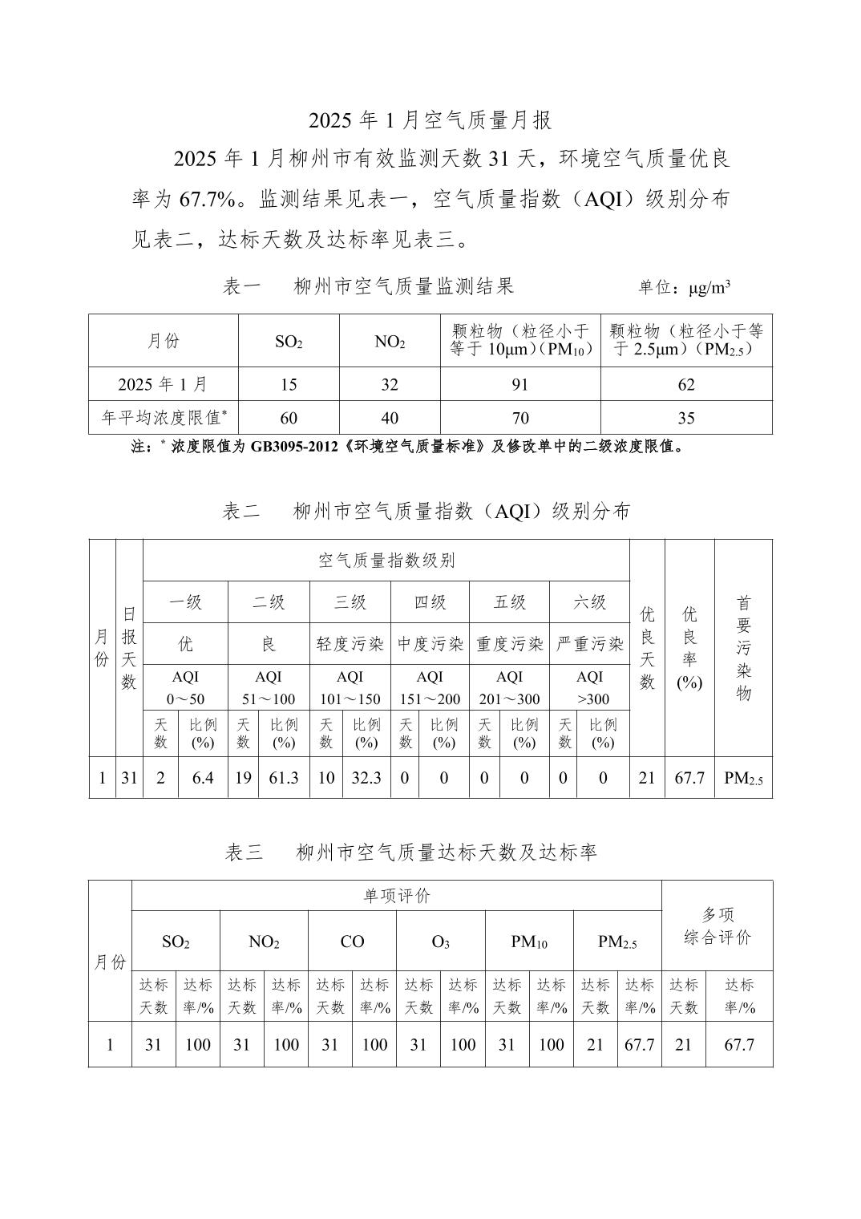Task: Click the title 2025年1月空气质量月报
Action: (x=430, y=121)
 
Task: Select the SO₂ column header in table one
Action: (x=289, y=342)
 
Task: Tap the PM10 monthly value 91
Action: (x=520, y=385)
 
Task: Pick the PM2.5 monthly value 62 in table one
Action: (x=686, y=385)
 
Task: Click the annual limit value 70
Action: (x=520, y=418)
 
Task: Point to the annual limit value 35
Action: (x=686, y=418)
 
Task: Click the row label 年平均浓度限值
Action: (x=164, y=418)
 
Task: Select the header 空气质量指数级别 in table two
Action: (x=386, y=561)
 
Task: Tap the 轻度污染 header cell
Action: (x=350, y=644)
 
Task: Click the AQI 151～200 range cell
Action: (x=430, y=687)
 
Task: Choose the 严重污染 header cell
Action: (x=590, y=644)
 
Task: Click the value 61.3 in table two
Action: (x=284, y=778)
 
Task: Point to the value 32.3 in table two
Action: (x=366, y=778)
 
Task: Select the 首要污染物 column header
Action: (x=743, y=648)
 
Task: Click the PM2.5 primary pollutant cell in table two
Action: (x=743, y=778)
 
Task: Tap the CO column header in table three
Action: (x=352, y=942)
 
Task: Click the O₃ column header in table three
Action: (x=440, y=942)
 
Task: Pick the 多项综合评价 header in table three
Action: (x=717, y=926)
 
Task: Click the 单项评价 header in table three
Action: (x=397, y=896)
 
